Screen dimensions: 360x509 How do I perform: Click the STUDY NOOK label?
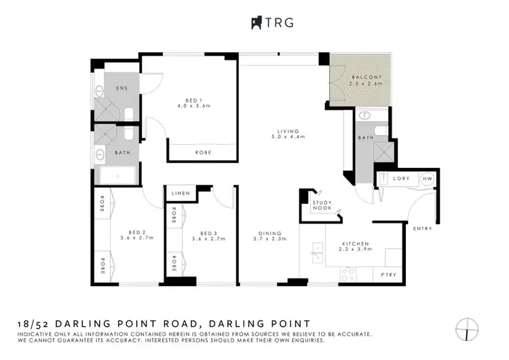(322, 205)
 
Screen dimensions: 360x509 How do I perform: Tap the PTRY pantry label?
(388, 274)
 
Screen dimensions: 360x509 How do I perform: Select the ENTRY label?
(422, 228)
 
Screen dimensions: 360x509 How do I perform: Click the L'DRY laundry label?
(399, 178)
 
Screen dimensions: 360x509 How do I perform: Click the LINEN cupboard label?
(181, 194)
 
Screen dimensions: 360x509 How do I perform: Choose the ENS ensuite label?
(122, 89)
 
